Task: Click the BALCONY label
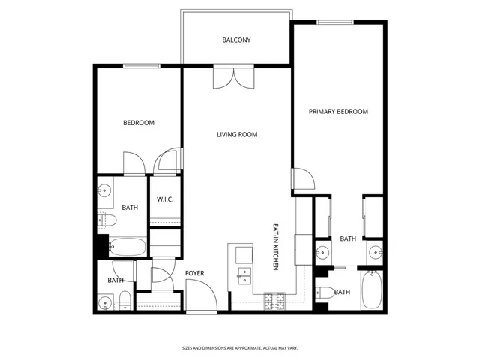coord(236,40)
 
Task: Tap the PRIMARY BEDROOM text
coord(339,111)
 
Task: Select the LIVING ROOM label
coord(237,135)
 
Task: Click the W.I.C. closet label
coord(165,199)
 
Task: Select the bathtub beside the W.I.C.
coord(127,246)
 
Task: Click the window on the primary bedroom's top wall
coord(335,22)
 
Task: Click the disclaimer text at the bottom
coord(239,348)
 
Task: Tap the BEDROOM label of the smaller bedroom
coord(139,123)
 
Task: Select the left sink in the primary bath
coord(324,252)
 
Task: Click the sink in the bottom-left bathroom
coord(106,303)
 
